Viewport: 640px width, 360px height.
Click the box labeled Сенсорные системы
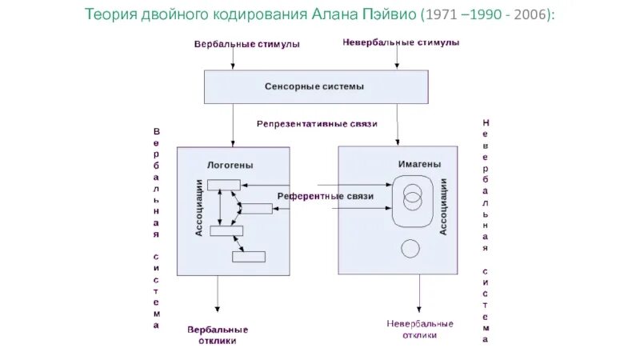314,86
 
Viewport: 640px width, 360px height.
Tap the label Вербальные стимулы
246,44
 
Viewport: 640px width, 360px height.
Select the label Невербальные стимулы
400,43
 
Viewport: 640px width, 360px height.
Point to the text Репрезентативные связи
317,124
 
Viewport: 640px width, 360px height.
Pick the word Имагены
418,165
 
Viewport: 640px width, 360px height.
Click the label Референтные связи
326,196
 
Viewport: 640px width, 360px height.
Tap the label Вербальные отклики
218,334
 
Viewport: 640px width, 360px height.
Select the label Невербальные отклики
419,329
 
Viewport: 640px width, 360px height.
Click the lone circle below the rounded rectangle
410,248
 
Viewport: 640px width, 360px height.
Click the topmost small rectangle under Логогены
223,186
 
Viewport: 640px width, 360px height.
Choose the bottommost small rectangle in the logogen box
248,257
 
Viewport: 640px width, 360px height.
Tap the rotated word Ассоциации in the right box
443,206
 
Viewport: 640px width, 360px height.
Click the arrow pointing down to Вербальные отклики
217,296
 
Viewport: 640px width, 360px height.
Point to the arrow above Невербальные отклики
418,295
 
